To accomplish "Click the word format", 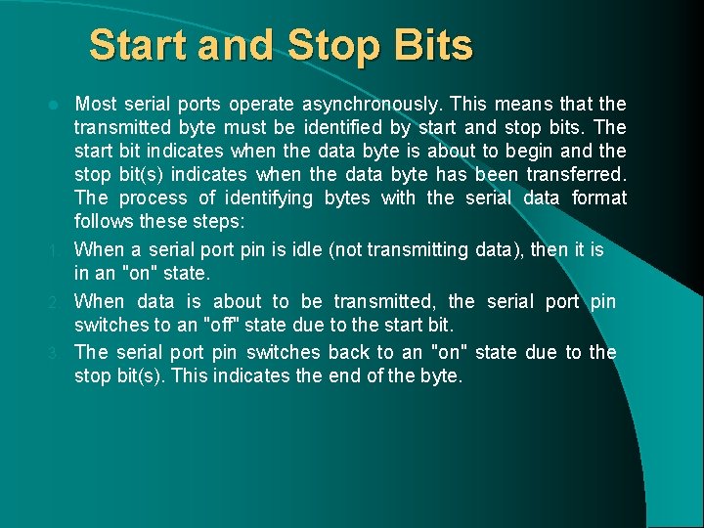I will click(599, 198).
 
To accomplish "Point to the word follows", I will click(104, 222).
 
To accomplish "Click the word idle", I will click(307, 250).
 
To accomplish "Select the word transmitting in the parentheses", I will click(418, 250).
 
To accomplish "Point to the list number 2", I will click(61, 302).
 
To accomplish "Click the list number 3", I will click(61, 353).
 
